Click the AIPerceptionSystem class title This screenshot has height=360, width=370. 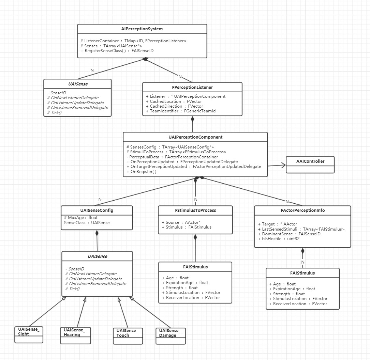(142, 29)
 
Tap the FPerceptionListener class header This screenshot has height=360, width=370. (192, 88)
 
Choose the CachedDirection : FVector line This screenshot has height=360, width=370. (177, 106)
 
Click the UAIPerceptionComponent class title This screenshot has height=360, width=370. (195, 137)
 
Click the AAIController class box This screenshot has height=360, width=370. (310, 165)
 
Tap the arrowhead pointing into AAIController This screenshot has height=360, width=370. (284, 166)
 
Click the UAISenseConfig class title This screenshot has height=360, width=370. (97, 210)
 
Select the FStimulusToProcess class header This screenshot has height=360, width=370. (195, 210)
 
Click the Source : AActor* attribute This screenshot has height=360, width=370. (181, 222)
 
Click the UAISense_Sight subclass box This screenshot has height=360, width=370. (29, 334)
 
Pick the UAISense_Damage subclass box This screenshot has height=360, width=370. (170, 336)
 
